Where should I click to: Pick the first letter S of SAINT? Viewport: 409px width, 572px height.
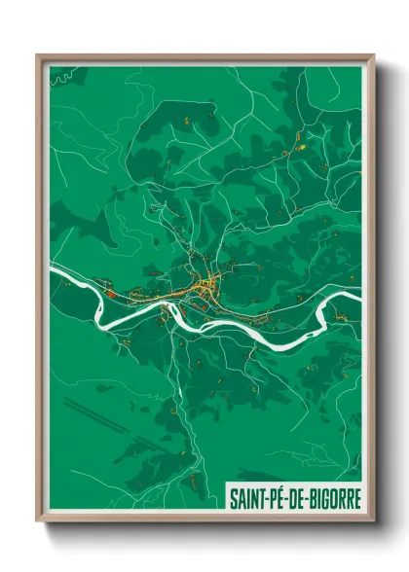(234, 497)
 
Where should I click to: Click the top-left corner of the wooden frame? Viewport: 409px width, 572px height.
(38, 55)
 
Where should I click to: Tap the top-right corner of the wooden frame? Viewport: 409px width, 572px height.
(373, 55)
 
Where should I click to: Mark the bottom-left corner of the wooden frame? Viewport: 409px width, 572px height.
(38, 522)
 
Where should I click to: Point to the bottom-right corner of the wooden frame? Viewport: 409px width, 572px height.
(373, 522)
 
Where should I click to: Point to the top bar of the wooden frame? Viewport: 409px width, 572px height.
(204, 57)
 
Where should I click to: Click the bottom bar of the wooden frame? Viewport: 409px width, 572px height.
(204, 519)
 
